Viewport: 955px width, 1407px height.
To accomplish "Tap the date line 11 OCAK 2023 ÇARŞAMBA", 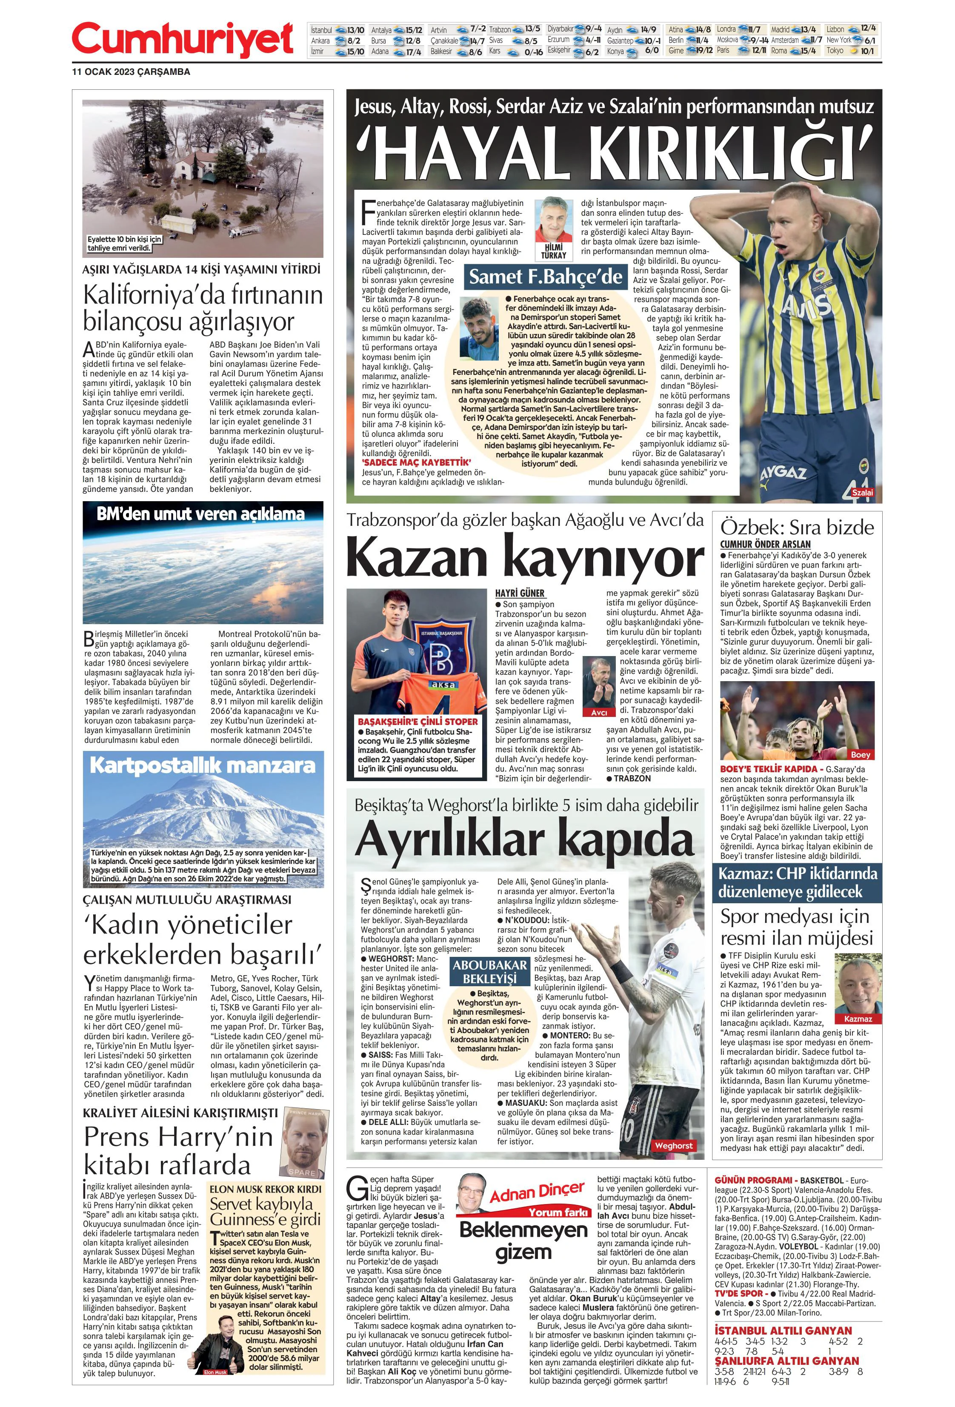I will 131,72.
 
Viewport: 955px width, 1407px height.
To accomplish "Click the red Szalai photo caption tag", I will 862,493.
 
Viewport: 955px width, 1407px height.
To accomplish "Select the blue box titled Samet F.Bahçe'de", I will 546,277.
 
